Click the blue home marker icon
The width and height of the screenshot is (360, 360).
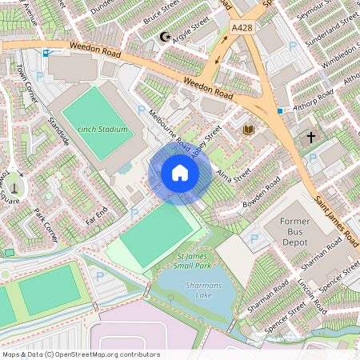180,173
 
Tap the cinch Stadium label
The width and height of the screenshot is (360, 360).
103,128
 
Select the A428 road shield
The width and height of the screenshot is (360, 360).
242,28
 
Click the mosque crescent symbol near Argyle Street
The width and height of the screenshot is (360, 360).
166,37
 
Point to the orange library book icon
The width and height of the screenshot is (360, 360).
248,129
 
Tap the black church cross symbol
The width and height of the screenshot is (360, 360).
310,137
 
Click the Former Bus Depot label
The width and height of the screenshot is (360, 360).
299,231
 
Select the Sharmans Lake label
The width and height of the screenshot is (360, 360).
191,285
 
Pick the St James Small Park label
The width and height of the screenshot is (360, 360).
191,260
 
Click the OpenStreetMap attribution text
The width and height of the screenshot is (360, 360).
81,354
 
